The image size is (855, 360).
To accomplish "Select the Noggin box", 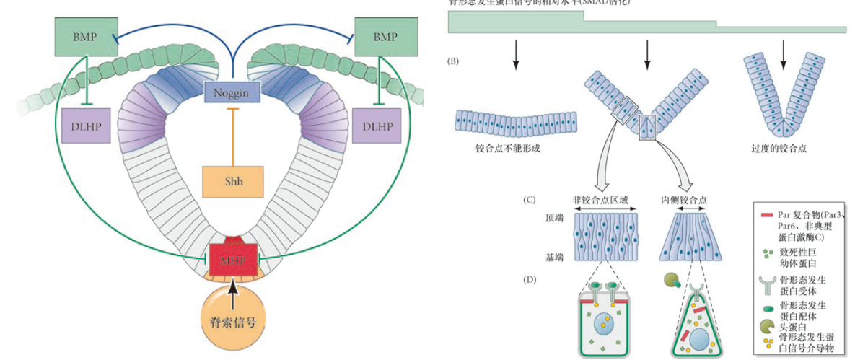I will [x=232, y=92].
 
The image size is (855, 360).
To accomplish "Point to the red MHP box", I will [x=232, y=259].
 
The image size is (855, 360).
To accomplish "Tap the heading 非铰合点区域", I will [x=605, y=198].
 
